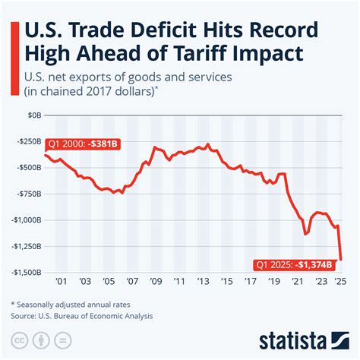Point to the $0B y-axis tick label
32,115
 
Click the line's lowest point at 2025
340,259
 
